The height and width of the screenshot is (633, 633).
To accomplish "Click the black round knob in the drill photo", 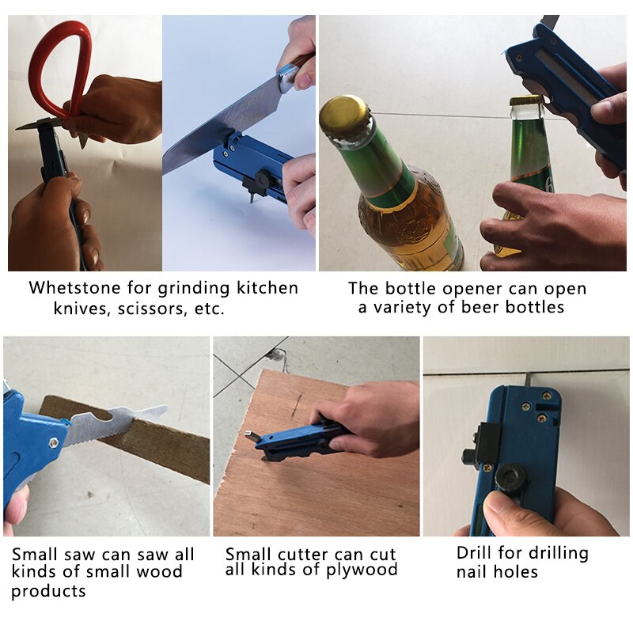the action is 512,479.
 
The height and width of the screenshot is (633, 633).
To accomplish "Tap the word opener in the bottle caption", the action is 473,289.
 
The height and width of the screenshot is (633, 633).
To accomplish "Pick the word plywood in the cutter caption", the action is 362,570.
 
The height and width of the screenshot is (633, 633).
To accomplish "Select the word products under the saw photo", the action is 48,592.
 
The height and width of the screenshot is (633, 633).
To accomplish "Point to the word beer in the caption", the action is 481,307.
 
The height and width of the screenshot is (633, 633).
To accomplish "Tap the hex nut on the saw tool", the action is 54,443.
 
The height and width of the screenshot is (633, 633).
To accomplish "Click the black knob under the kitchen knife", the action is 264,177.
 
